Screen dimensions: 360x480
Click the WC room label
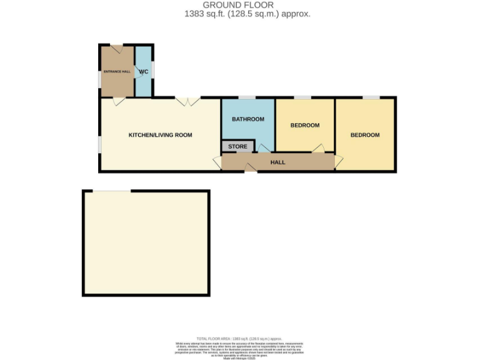143,71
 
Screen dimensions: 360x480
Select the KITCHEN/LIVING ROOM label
160,135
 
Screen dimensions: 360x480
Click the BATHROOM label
248,119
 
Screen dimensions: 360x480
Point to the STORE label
237,147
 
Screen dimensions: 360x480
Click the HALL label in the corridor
277,162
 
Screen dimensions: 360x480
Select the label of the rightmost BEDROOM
364,135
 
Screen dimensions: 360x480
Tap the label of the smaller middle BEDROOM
305,125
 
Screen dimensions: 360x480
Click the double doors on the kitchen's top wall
187,101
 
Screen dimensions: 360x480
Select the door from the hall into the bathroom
264,148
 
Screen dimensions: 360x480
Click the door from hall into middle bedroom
318,148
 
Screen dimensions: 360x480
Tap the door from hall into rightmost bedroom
338,161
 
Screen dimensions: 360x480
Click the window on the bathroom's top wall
247,97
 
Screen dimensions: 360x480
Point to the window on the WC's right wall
153,70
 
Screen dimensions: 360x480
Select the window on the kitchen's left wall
99,144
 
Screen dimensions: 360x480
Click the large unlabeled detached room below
146,242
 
